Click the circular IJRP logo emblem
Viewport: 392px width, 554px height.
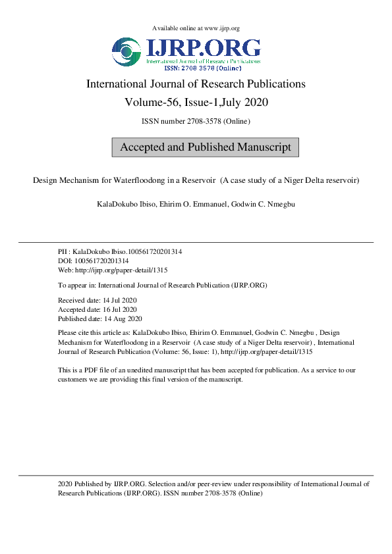click(126, 53)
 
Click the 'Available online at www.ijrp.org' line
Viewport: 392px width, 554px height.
click(196, 28)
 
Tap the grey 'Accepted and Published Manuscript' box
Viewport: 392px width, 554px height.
click(206, 147)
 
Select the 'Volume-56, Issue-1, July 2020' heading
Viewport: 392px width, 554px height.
click(196, 103)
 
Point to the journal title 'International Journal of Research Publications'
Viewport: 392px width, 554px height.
click(196, 84)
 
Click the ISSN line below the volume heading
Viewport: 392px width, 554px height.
click(196, 121)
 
